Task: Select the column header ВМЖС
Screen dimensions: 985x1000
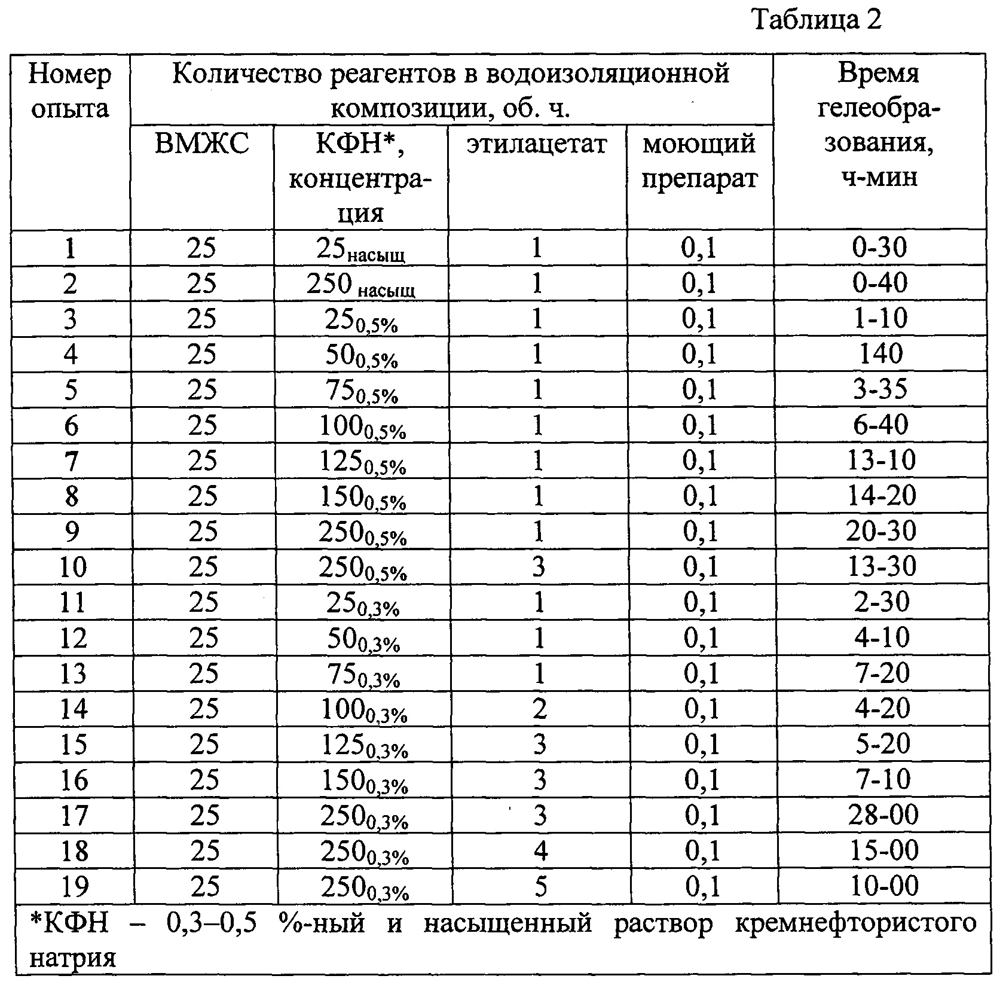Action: click(x=201, y=145)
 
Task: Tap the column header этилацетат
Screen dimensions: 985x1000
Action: click(x=537, y=145)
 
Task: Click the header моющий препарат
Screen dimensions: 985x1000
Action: click(x=699, y=161)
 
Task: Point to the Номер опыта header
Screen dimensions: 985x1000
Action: click(x=70, y=92)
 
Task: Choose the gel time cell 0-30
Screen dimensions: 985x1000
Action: click(x=879, y=247)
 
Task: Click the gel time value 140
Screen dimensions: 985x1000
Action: click(x=879, y=353)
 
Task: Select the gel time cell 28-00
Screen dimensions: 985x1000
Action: click(x=882, y=815)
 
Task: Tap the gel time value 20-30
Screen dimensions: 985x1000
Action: click(x=881, y=531)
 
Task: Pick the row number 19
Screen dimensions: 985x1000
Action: click(x=74, y=886)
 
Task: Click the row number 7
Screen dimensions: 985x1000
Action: click(x=71, y=461)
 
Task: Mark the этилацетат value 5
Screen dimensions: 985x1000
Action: click(x=540, y=886)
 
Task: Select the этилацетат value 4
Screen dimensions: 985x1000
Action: click(x=540, y=850)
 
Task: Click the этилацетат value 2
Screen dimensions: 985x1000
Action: click(x=539, y=709)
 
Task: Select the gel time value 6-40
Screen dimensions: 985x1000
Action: click(x=880, y=425)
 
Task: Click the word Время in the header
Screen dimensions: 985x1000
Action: click(x=878, y=74)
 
